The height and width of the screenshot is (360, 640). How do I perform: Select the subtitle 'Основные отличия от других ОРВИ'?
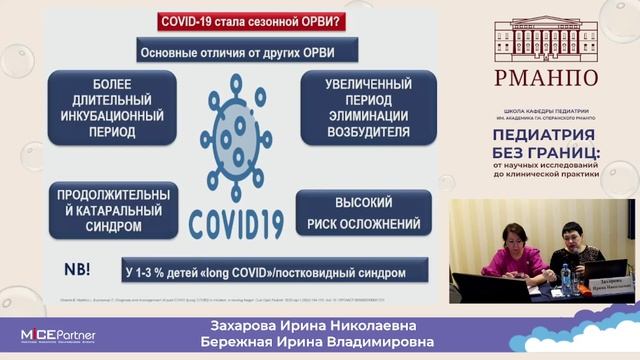[236, 51]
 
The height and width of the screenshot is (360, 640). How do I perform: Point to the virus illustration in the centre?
[236, 129]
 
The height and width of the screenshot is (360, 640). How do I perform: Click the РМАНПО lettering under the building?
[545, 77]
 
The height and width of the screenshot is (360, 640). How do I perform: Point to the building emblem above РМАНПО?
[545, 36]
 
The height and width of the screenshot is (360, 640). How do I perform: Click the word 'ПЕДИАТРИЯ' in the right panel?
[544, 134]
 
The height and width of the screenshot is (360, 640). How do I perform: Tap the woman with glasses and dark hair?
[573, 251]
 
